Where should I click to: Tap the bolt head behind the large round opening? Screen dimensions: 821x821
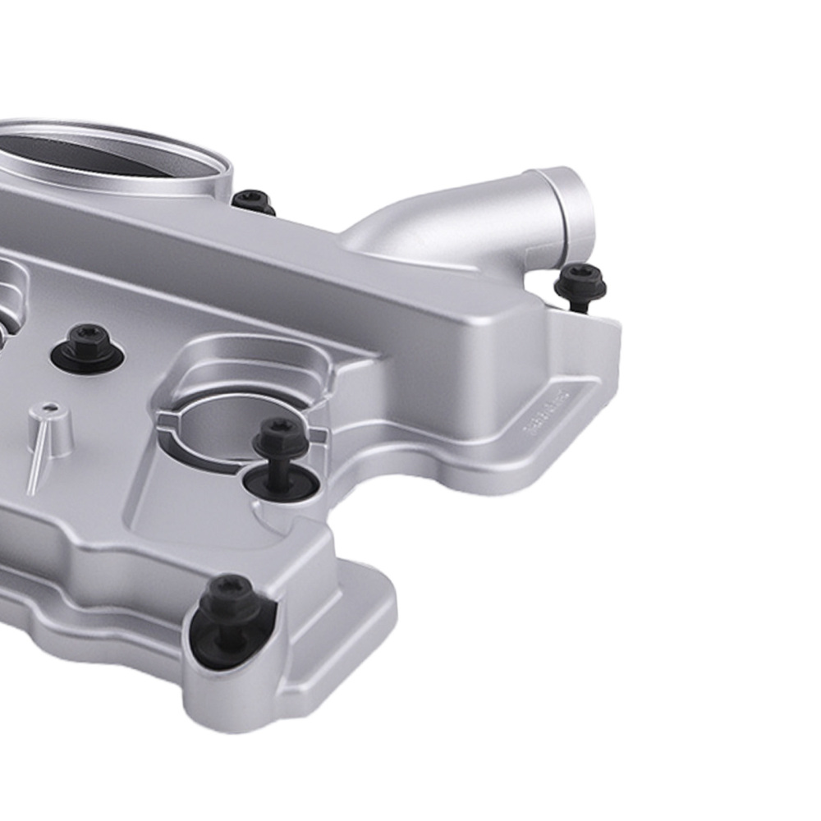252,200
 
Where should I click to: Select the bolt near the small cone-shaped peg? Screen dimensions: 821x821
88,338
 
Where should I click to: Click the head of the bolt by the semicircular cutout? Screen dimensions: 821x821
281,436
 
